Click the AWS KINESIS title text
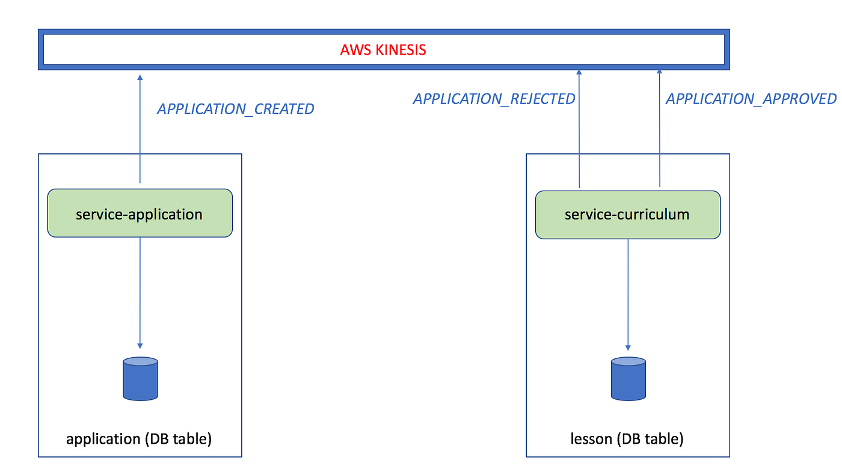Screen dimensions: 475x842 (x=383, y=49)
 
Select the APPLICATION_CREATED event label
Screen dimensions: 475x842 (x=235, y=109)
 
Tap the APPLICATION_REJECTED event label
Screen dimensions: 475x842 (x=494, y=99)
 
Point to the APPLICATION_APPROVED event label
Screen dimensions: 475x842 (x=751, y=99)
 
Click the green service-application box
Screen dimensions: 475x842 (x=140, y=213)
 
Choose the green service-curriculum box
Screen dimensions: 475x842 (x=627, y=215)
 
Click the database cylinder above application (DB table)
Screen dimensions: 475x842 (x=140, y=379)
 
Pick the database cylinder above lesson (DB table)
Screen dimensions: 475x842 (x=628, y=379)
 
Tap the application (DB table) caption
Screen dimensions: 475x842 (x=139, y=439)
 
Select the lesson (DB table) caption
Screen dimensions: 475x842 (x=627, y=439)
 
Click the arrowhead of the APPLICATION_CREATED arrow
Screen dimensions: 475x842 (x=140, y=77)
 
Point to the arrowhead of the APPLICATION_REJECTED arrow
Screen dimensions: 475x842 (x=579, y=72)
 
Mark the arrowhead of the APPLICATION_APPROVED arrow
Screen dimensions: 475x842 (x=659, y=72)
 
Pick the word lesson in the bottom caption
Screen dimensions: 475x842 (x=591, y=439)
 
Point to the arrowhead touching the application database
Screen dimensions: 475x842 (x=140, y=346)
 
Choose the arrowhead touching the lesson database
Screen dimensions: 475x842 (x=628, y=348)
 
